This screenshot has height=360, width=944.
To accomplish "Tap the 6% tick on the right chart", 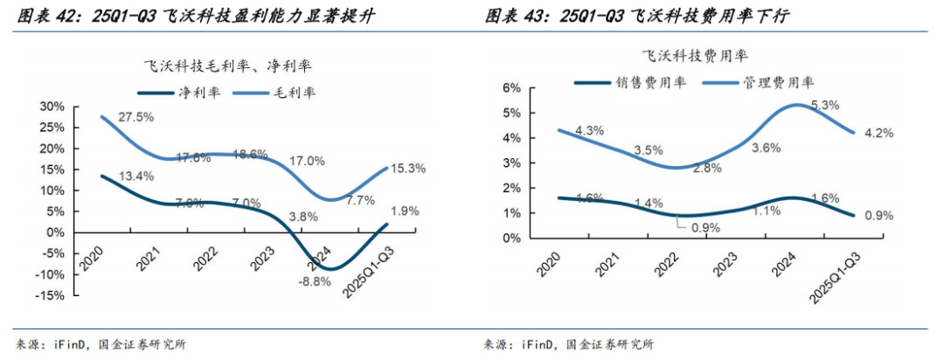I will coord(513,88).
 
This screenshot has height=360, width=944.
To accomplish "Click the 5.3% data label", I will coord(825,105).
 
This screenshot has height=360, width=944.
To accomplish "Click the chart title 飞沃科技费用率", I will coord(695,56).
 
